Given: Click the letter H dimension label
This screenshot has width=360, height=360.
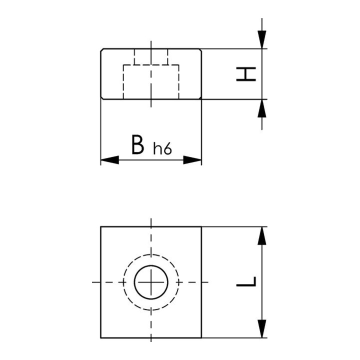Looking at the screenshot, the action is (246, 74).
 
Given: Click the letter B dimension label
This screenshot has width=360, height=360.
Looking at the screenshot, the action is (138, 144).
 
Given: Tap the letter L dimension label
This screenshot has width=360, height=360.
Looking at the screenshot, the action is (246, 281).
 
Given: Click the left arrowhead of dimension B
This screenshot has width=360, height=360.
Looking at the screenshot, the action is (109, 160).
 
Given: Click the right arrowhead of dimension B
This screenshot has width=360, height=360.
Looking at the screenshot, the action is (192, 160).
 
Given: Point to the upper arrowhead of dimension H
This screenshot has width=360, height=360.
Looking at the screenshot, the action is (262, 39).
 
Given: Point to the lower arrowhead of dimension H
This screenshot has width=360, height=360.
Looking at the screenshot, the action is (262, 108).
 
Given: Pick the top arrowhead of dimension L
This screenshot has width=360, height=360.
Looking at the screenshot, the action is (262, 236).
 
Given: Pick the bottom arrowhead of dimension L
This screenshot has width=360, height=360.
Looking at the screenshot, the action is (262, 328).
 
